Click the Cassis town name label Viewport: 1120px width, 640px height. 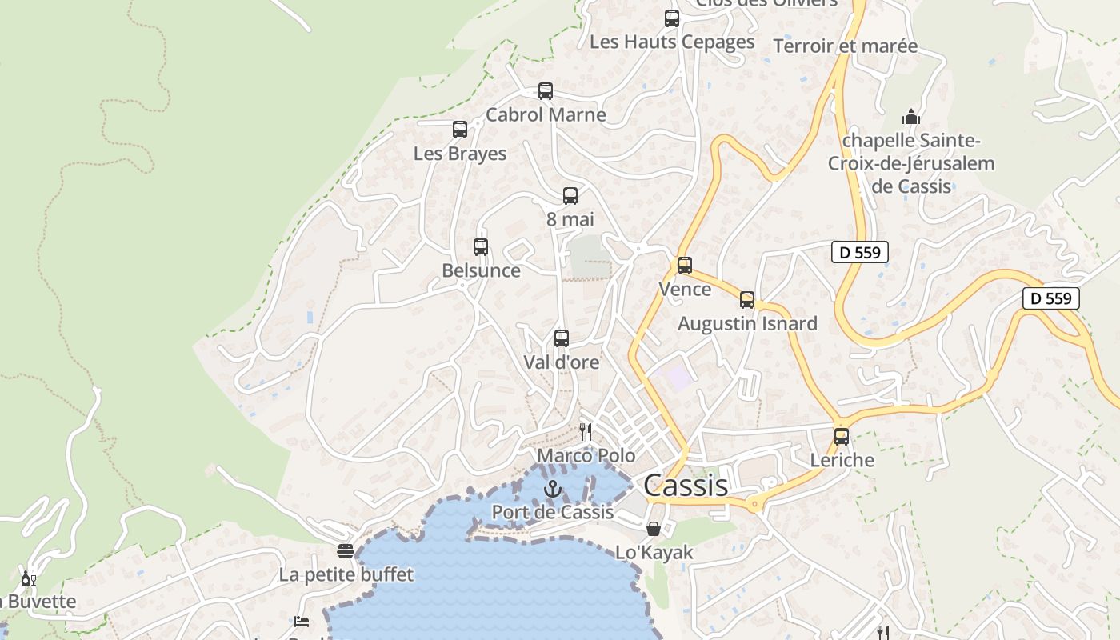coord(686,486)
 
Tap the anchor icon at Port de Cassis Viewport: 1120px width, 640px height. coord(553,489)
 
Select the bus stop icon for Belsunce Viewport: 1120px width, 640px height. coord(481,247)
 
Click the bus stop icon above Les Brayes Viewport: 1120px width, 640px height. coord(460,130)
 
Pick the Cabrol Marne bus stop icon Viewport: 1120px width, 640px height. coord(546,91)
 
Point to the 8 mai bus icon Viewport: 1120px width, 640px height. coord(570,196)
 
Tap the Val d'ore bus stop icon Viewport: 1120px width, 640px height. coord(562,338)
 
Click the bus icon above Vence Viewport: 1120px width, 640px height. coord(685,266)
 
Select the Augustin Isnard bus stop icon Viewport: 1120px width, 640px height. coord(747,300)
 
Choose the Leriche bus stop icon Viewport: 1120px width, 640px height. coord(842,437)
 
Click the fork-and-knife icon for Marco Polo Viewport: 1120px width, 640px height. coord(586,432)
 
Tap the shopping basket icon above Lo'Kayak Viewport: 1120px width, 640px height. coord(654,529)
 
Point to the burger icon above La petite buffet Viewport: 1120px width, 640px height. coord(346,551)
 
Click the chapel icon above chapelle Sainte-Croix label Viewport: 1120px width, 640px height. coord(910,117)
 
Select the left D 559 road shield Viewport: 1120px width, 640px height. coord(860,253)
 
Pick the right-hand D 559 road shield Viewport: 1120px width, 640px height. coord(1051,298)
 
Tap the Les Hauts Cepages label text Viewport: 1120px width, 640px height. coord(672,42)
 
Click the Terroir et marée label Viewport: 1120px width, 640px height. coord(846,46)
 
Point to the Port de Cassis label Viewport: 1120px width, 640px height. coord(553,512)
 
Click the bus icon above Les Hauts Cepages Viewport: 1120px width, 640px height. coord(672,18)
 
